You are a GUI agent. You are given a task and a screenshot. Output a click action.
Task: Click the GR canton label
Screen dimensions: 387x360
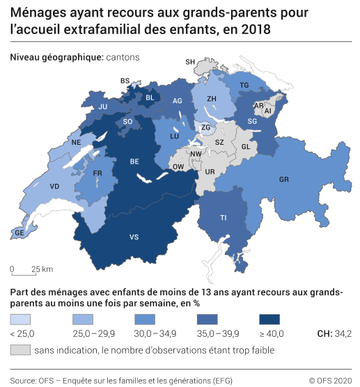pos(283,180)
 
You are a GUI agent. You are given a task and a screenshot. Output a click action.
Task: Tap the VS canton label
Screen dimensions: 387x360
pos(134,237)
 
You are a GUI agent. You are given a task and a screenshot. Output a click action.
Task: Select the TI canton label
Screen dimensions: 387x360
pos(224,217)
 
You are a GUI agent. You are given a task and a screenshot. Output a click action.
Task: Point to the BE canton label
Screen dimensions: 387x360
pos(134,161)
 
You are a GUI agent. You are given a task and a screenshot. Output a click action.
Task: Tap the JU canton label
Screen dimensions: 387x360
pos(103,106)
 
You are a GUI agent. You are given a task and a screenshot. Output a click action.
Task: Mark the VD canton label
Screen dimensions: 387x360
pos(54,187)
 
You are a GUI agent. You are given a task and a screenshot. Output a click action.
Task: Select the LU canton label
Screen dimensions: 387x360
pos(175,138)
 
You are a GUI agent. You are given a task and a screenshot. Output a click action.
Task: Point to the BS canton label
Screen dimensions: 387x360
pos(125,81)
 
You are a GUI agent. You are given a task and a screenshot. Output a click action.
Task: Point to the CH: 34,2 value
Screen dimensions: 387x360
pos(334,334)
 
